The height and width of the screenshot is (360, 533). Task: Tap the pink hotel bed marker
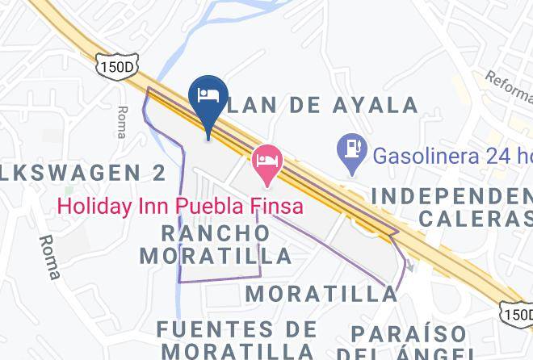pos(266,160)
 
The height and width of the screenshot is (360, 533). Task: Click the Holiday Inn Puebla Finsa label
pos(179,206)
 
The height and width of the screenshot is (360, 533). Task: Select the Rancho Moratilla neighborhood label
pos(216,245)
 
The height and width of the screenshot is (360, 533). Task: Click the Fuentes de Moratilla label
pos(237,340)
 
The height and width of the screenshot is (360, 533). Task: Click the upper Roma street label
pos(122,122)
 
